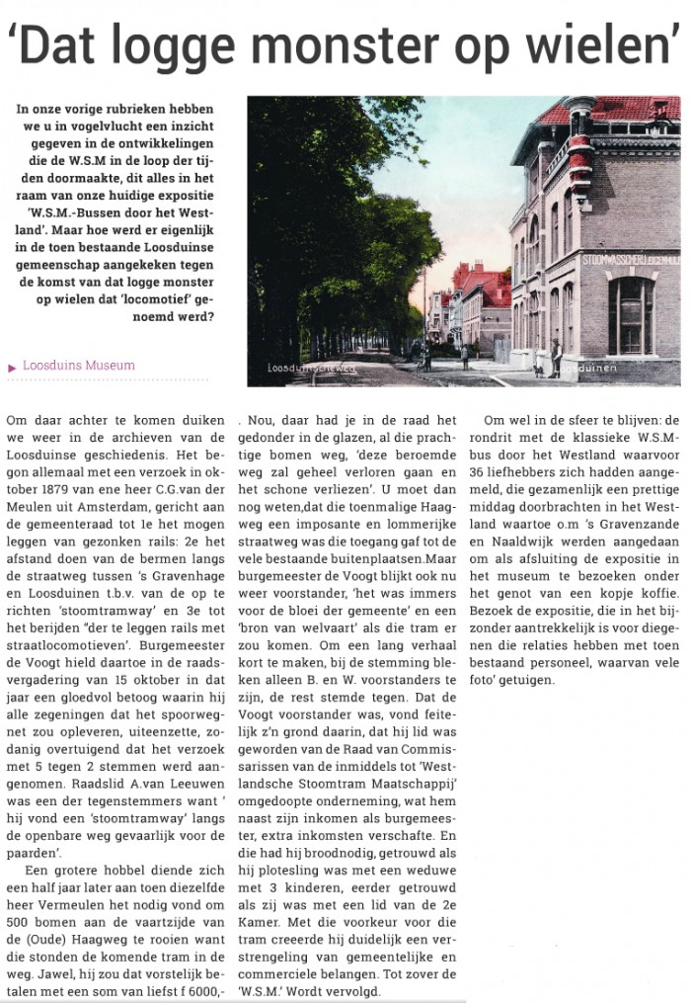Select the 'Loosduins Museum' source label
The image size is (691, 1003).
pos(79,366)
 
